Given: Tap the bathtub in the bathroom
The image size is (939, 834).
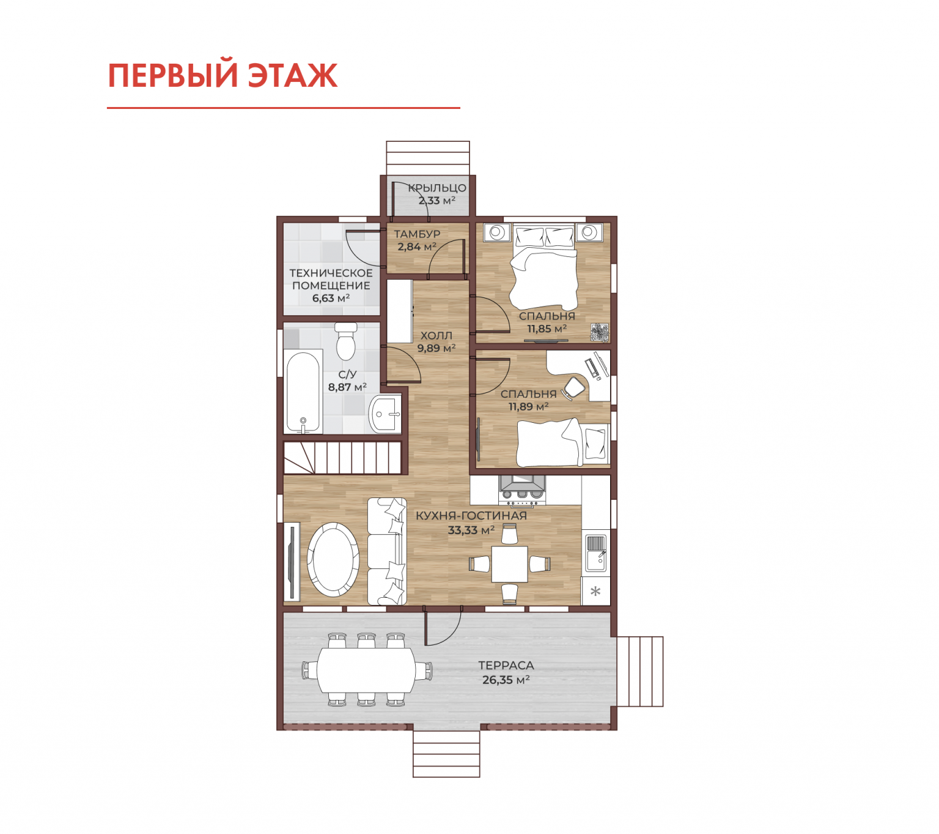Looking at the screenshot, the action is click(303, 391).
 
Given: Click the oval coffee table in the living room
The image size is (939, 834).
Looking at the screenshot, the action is click(333, 560).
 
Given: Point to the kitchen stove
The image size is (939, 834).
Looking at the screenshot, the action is click(522, 490).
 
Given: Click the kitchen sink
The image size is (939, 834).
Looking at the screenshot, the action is click(595, 553).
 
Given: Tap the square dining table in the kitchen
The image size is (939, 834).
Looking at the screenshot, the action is click(509, 564).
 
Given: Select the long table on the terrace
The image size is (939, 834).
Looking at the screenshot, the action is click(366, 669).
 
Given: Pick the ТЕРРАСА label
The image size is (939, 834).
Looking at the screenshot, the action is click(506, 665).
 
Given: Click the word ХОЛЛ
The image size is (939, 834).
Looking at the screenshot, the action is click(436, 335).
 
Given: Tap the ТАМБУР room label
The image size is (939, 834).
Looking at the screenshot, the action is click(417, 234).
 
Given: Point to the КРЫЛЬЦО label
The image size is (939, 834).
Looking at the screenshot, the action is click(437, 188).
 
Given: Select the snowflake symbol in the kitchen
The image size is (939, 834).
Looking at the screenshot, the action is click(595, 592).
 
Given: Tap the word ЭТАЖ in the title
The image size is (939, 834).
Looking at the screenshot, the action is click(292, 75).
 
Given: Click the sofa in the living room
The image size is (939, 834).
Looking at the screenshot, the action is click(387, 551).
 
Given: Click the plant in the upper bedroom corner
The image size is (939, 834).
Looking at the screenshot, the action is click(599, 333).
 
